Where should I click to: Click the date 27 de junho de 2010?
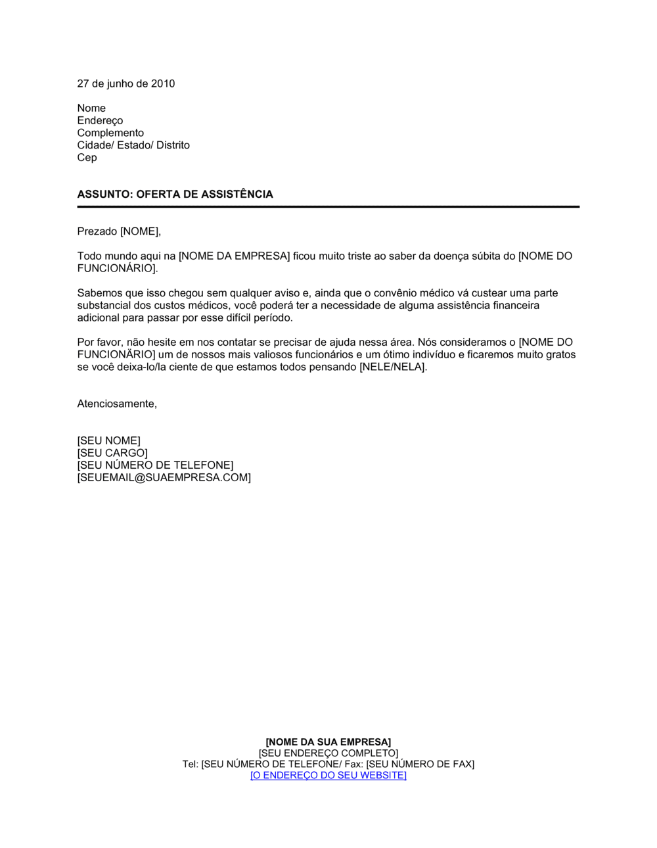(x=126, y=83)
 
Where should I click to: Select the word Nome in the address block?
(x=91, y=108)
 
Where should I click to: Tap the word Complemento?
(x=110, y=133)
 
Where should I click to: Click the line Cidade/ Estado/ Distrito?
(x=133, y=145)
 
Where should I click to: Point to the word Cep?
(x=87, y=158)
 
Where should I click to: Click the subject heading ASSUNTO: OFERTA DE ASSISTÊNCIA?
(x=175, y=195)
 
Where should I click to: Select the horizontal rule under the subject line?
(x=328, y=207)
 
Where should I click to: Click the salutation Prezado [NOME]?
(x=119, y=231)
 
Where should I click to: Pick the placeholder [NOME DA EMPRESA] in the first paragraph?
(x=234, y=256)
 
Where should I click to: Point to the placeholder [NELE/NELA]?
(x=393, y=367)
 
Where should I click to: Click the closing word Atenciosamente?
(x=117, y=404)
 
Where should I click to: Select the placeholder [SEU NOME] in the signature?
(x=108, y=441)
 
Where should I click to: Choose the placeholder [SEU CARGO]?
(x=112, y=454)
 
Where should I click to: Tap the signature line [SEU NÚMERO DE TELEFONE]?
(x=155, y=465)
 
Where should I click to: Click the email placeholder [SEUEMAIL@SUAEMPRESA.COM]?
(x=164, y=478)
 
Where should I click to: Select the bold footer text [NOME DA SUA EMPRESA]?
(x=328, y=742)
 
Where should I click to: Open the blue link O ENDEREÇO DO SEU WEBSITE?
(x=328, y=776)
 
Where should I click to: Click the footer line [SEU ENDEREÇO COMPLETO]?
(x=328, y=753)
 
